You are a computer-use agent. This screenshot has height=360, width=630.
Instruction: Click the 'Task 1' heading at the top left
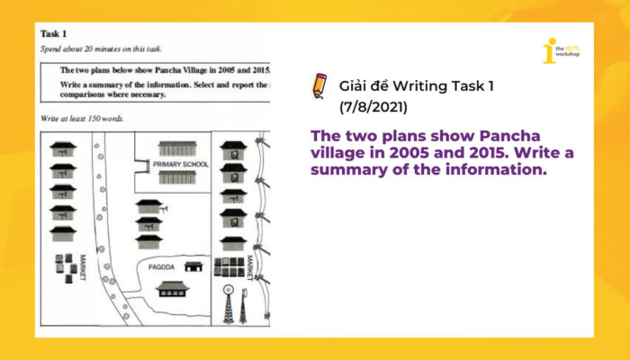click(55, 33)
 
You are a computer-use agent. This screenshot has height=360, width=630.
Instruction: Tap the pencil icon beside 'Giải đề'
click(319, 85)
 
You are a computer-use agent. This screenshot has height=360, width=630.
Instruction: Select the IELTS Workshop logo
click(561, 51)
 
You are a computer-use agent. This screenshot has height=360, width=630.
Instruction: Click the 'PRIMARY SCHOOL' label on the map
click(180, 165)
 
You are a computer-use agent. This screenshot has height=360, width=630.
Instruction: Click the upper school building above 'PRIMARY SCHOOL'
click(177, 148)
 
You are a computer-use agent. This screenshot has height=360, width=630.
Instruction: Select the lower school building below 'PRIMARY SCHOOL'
click(177, 179)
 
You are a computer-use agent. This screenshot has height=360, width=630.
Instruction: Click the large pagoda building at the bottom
click(172, 288)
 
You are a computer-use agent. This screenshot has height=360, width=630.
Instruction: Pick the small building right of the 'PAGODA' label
click(193, 266)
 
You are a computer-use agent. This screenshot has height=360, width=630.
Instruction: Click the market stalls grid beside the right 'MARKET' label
click(230, 266)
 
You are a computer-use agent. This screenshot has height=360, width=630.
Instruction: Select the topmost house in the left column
click(63, 148)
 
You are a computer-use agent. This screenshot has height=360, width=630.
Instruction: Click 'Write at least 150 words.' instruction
click(82, 118)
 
